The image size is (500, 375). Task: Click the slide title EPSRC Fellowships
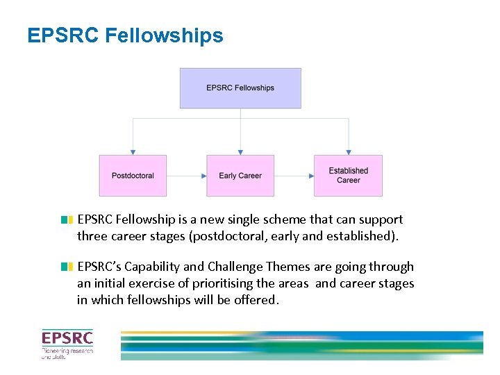pyautogui.click(x=125, y=35)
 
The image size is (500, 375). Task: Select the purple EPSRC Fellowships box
pyautogui.click(x=240, y=88)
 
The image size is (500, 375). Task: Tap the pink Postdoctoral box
pyautogui.click(x=133, y=176)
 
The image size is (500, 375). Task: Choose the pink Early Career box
pyautogui.click(x=240, y=176)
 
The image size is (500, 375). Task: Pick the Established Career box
pyautogui.click(x=348, y=176)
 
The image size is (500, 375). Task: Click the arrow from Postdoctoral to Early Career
pyautogui.click(x=186, y=176)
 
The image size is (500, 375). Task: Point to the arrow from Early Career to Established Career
pyautogui.click(x=294, y=176)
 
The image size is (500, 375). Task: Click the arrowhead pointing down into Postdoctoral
pyautogui.click(x=133, y=151)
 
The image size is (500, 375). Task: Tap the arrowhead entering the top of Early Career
pyautogui.click(x=240, y=151)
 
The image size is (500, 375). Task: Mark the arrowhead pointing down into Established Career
pyautogui.click(x=348, y=151)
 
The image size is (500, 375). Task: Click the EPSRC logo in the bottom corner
pyautogui.click(x=67, y=344)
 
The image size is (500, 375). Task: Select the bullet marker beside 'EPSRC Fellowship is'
pyautogui.click(x=67, y=220)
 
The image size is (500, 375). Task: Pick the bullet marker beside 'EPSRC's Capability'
pyautogui.click(x=67, y=267)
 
